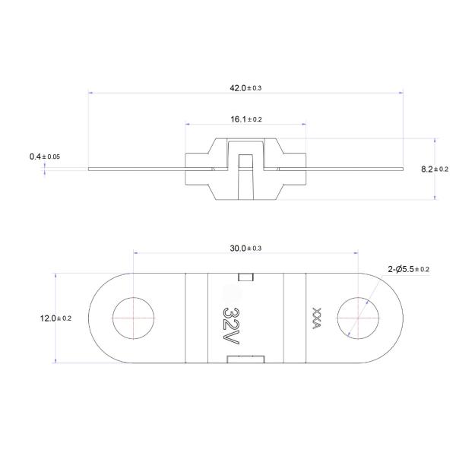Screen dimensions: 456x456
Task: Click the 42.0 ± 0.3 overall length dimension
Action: click(x=245, y=88)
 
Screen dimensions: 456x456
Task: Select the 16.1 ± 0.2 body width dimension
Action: click(x=245, y=119)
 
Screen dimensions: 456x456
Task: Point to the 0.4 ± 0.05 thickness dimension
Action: click(x=45, y=156)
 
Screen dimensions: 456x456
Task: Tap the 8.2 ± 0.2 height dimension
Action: click(x=434, y=169)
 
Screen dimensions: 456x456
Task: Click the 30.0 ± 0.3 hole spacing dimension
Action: click(x=245, y=249)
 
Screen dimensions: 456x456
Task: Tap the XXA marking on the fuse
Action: click(x=316, y=318)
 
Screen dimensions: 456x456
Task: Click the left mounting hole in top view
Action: click(x=133, y=318)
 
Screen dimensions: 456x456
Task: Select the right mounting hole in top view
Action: click(x=357, y=318)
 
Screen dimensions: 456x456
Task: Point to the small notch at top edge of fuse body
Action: click(x=245, y=277)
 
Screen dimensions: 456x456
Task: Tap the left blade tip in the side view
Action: click(x=91, y=169)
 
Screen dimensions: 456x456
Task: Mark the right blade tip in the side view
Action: click(x=400, y=169)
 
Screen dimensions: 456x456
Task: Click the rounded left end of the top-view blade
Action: click(x=95, y=318)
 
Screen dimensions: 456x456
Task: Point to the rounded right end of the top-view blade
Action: click(x=396, y=318)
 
